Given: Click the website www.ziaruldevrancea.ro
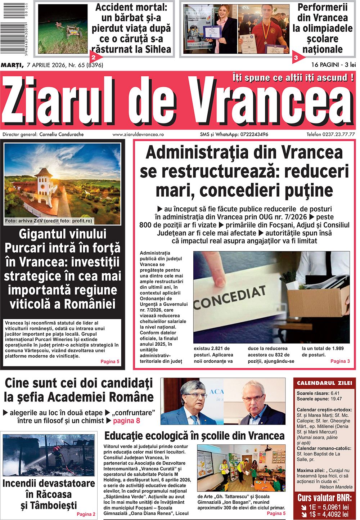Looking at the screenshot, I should coord(138,134).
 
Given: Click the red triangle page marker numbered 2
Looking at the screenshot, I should coord(94,57).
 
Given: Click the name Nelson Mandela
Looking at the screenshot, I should coord(334,487).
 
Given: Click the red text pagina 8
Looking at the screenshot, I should coord(126,421).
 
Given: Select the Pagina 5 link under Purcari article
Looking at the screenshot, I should coord(109,361).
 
